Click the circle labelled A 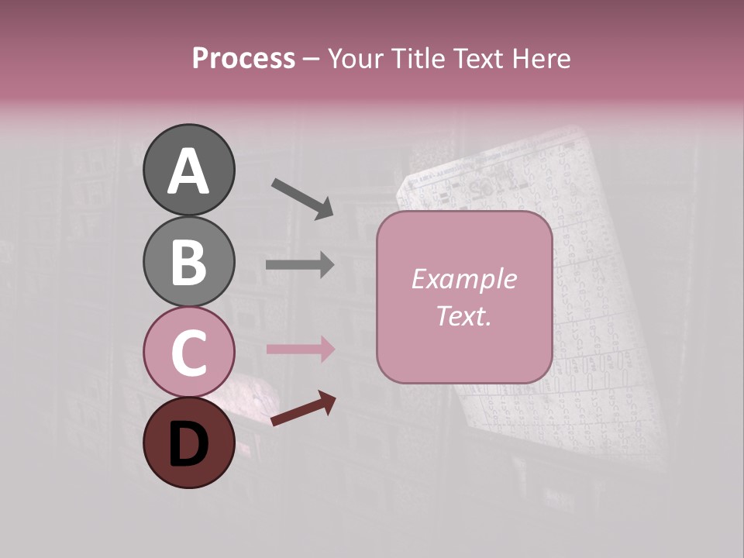point(188,170)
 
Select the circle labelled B point(188,261)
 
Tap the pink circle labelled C point(188,352)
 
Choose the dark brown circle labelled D point(188,443)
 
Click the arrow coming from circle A point(302,198)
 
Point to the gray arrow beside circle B point(300,265)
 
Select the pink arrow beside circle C point(300,350)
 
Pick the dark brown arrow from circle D point(302,408)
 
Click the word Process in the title point(243,59)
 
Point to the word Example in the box point(463,279)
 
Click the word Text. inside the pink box point(463,316)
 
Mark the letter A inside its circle point(188,171)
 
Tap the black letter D point(188,446)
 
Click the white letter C point(188,353)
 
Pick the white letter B point(188,263)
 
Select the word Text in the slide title point(482,59)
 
